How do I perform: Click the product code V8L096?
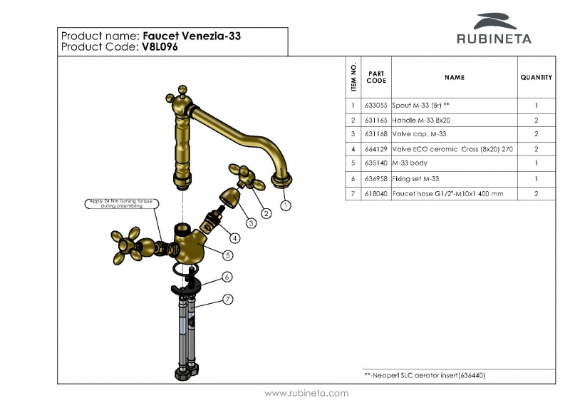coord(159,47)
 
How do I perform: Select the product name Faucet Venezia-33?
coord(190,35)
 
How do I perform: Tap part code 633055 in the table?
coord(375,105)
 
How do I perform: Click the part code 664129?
coord(375,149)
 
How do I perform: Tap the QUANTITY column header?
coord(536,77)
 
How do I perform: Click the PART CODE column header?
coord(376,77)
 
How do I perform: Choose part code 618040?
coord(375,193)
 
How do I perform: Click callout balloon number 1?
coord(286,206)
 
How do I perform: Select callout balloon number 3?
coord(251,223)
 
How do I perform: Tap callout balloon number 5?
coord(227,255)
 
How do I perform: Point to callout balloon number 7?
coord(227,299)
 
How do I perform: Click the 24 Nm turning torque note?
coord(118,203)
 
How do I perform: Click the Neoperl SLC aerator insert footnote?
coord(425,375)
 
